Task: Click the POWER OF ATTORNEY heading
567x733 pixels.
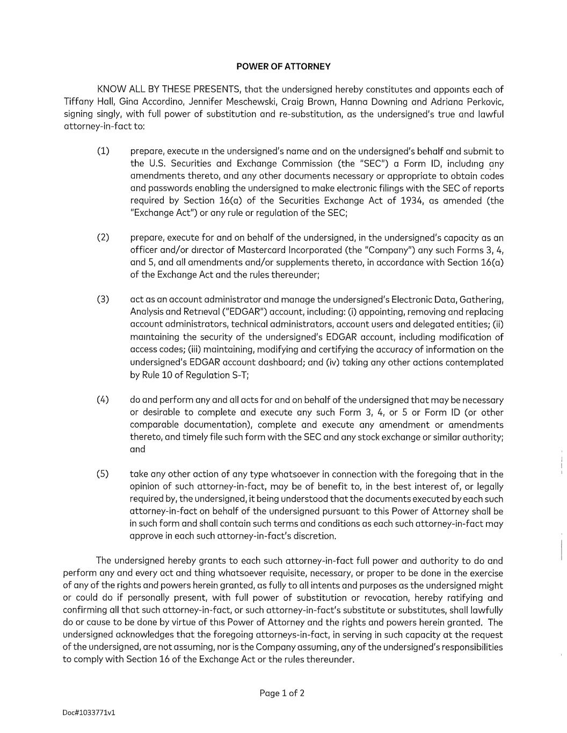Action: pos(283,67)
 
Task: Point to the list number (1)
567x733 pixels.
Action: pos(103,151)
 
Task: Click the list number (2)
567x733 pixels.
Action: pos(103,237)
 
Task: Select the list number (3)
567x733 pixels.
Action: pos(103,299)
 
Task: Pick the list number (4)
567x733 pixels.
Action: pos(103,400)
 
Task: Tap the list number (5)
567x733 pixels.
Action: pos(103,474)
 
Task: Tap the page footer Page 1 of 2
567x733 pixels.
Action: pos(282,693)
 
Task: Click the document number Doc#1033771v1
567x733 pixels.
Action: pos(89,713)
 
